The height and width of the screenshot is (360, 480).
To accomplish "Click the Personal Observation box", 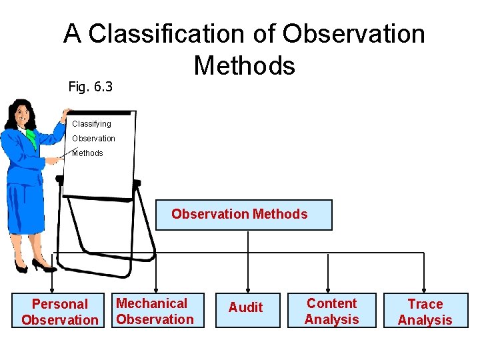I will pyautogui.click(x=59, y=311).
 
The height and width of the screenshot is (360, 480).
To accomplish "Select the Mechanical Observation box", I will pyautogui.click(x=155, y=311).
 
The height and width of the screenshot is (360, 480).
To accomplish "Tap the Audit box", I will pyautogui.click(x=247, y=309).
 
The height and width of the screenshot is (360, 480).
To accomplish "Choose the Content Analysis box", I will pyautogui.click(x=331, y=311).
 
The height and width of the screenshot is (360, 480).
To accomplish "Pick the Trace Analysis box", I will pyautogui.click(x=425, y=311).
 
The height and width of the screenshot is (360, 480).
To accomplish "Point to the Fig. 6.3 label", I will pyautogui.click(x=91, y=86).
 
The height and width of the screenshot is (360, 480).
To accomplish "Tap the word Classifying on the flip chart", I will pyautogui.click(x=91, y=124).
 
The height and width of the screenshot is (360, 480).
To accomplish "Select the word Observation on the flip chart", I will pyautogui.click(x=93, y=139).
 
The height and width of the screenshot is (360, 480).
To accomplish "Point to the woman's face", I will pyautogui.click(x=25, y=114).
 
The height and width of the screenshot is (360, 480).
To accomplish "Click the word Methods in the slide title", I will pyautogui.click(x=244, y=65).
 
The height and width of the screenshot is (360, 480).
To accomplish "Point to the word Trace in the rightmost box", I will pyautogui.click(x=425, y=304).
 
